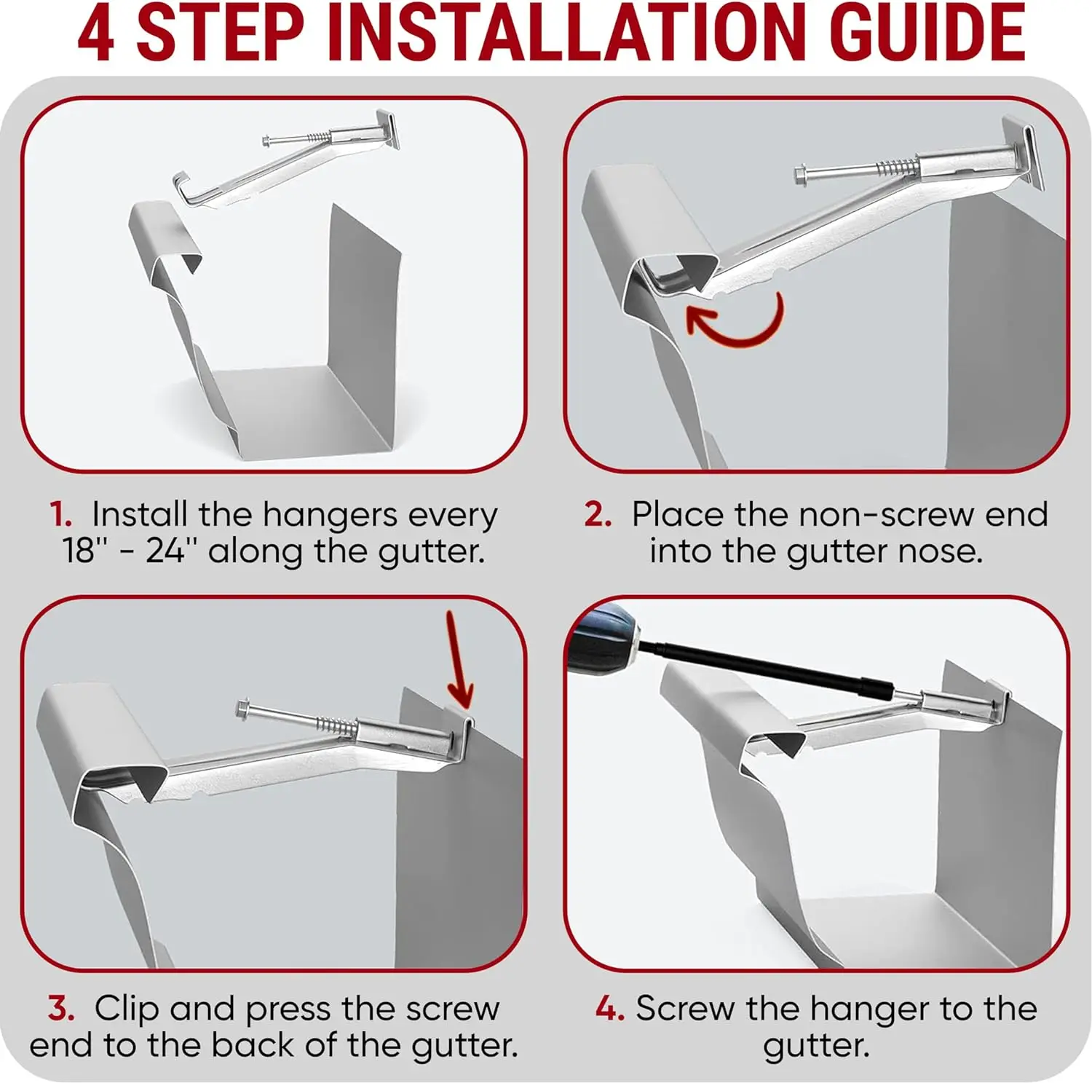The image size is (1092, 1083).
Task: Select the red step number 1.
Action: (x=60, y=514)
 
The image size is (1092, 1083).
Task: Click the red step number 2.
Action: (x=598, y=514)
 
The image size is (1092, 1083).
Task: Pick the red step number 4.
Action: (x=609, y=1009)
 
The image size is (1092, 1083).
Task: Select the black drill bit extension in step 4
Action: (x=764, y=666)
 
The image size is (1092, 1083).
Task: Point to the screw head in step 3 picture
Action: (x=245, y=709)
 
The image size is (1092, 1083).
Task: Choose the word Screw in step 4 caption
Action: (x=685, y=1009)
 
